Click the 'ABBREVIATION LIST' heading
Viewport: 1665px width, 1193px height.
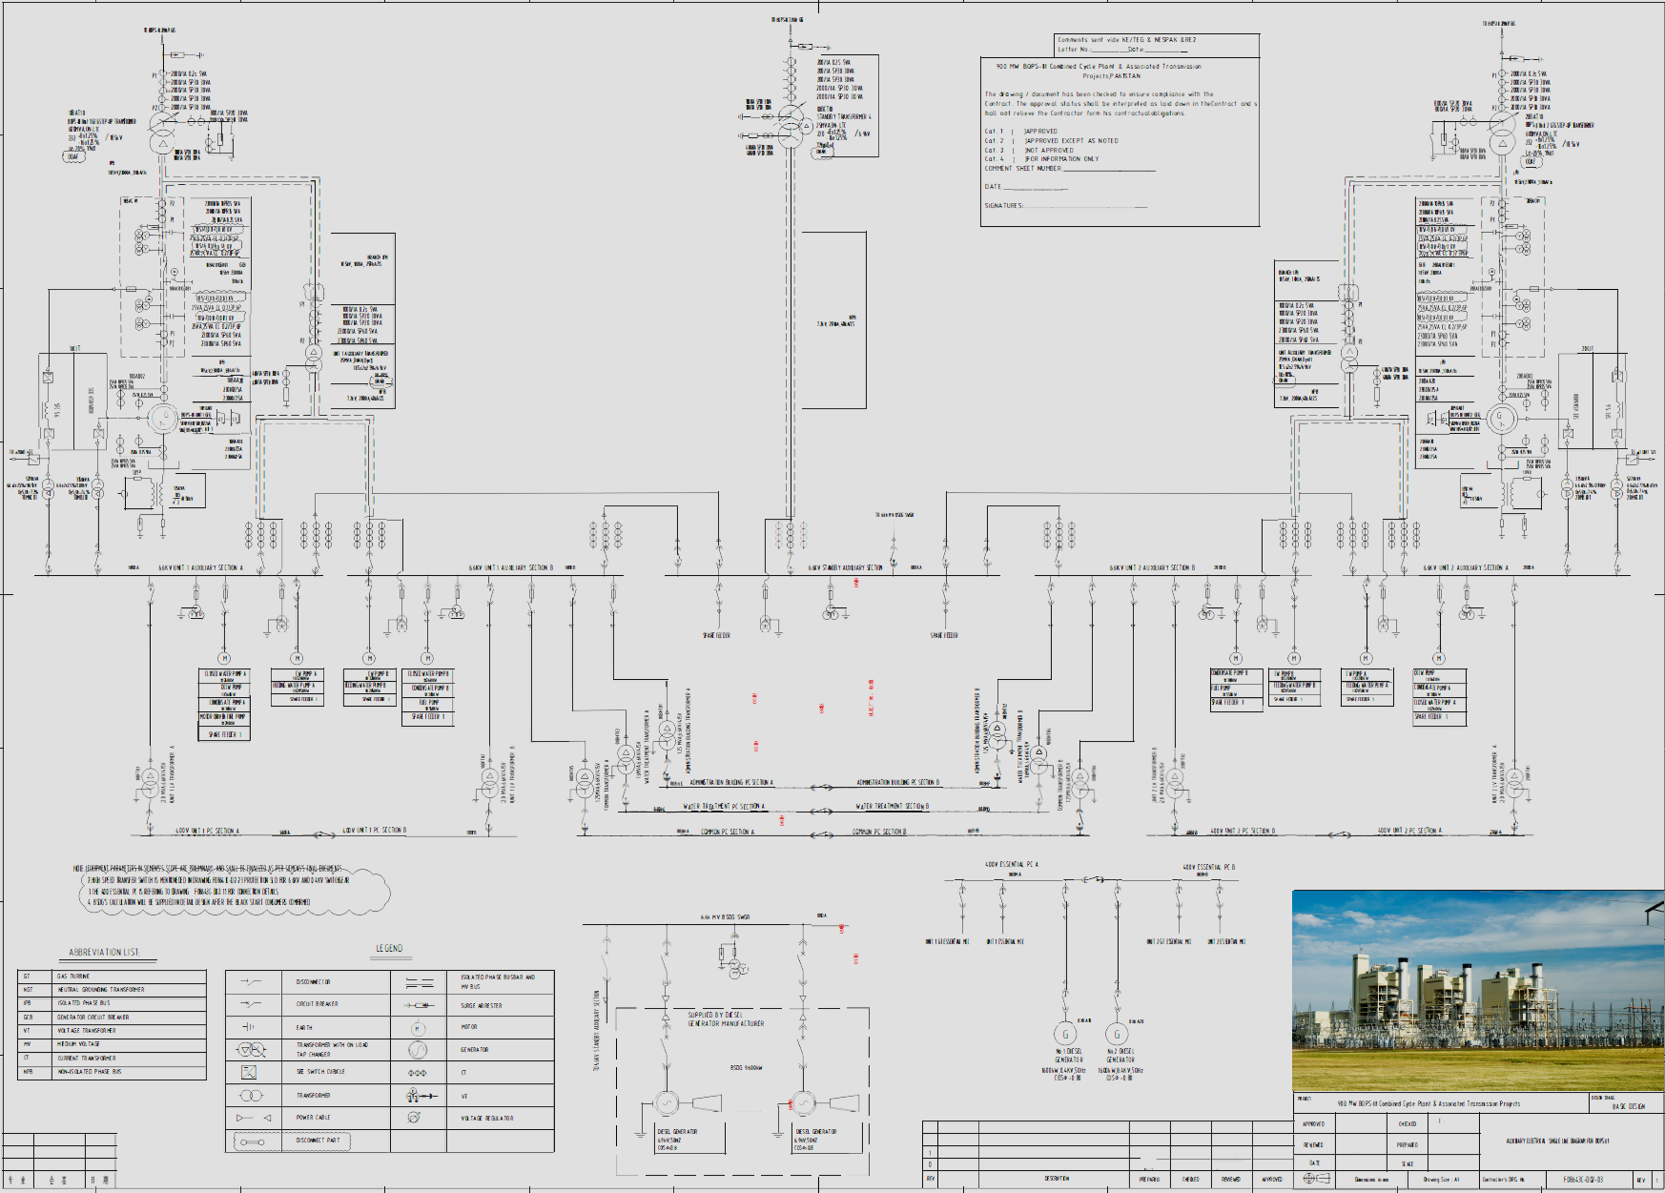[x=104, y=952]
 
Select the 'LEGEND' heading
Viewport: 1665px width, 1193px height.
[x=389, y=948]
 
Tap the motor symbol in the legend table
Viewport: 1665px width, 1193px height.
[x=418, y=1028]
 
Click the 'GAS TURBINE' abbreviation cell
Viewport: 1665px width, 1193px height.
[x=72, y=977]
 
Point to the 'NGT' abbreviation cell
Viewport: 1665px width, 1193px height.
[x=29, y=990]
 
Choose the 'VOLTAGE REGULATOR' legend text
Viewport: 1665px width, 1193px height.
[x=486, y=1118]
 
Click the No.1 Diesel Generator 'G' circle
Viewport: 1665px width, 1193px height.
[x=1065, y=1034]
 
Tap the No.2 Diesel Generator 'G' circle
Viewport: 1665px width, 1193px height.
[x=1117, y=1034]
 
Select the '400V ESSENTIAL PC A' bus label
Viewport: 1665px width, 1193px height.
[x=1011, y=864]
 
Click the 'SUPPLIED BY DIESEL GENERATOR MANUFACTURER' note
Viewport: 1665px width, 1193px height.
[x=726, y=1018]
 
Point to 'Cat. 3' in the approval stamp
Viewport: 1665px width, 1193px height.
[x=994, y=150]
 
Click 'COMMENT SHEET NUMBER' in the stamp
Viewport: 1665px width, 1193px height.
[x=1022, y=168]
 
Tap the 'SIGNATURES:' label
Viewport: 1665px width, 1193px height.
[x=1003, y=205]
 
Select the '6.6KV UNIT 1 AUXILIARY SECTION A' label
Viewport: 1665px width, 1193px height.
[x=200, y=567]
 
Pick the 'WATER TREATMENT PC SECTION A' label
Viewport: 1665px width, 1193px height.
[x=723, y=807]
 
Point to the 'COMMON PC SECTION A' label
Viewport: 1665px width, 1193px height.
[x=727, y=832]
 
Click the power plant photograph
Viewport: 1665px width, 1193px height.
[x=1477, y=990]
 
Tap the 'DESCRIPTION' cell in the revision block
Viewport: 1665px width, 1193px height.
[x=1056, y=1179]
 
